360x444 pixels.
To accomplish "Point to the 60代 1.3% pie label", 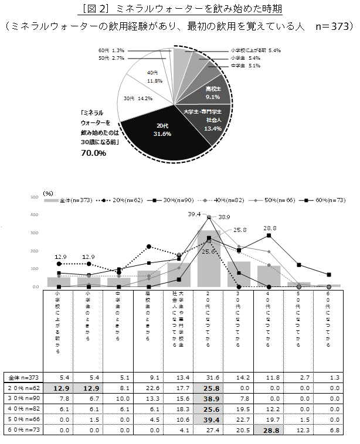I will pos(111,50).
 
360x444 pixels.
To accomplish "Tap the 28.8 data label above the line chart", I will pos(270,228).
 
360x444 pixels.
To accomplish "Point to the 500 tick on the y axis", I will pos(35,197).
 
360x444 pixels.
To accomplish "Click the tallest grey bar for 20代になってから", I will pos(209,258).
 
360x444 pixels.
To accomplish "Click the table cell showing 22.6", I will pos(149,388).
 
